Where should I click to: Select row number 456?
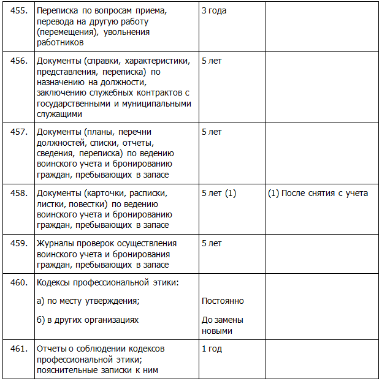19,61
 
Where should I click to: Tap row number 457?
19,132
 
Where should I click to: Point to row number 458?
19,193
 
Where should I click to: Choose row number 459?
19,243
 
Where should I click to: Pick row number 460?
19,282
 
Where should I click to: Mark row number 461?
19,349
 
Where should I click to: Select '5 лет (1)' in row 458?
219,193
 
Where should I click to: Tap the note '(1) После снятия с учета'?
318,193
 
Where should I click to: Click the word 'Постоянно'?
223,301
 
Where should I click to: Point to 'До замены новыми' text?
223,325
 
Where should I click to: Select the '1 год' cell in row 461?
212,349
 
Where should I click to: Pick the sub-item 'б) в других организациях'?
88,320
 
